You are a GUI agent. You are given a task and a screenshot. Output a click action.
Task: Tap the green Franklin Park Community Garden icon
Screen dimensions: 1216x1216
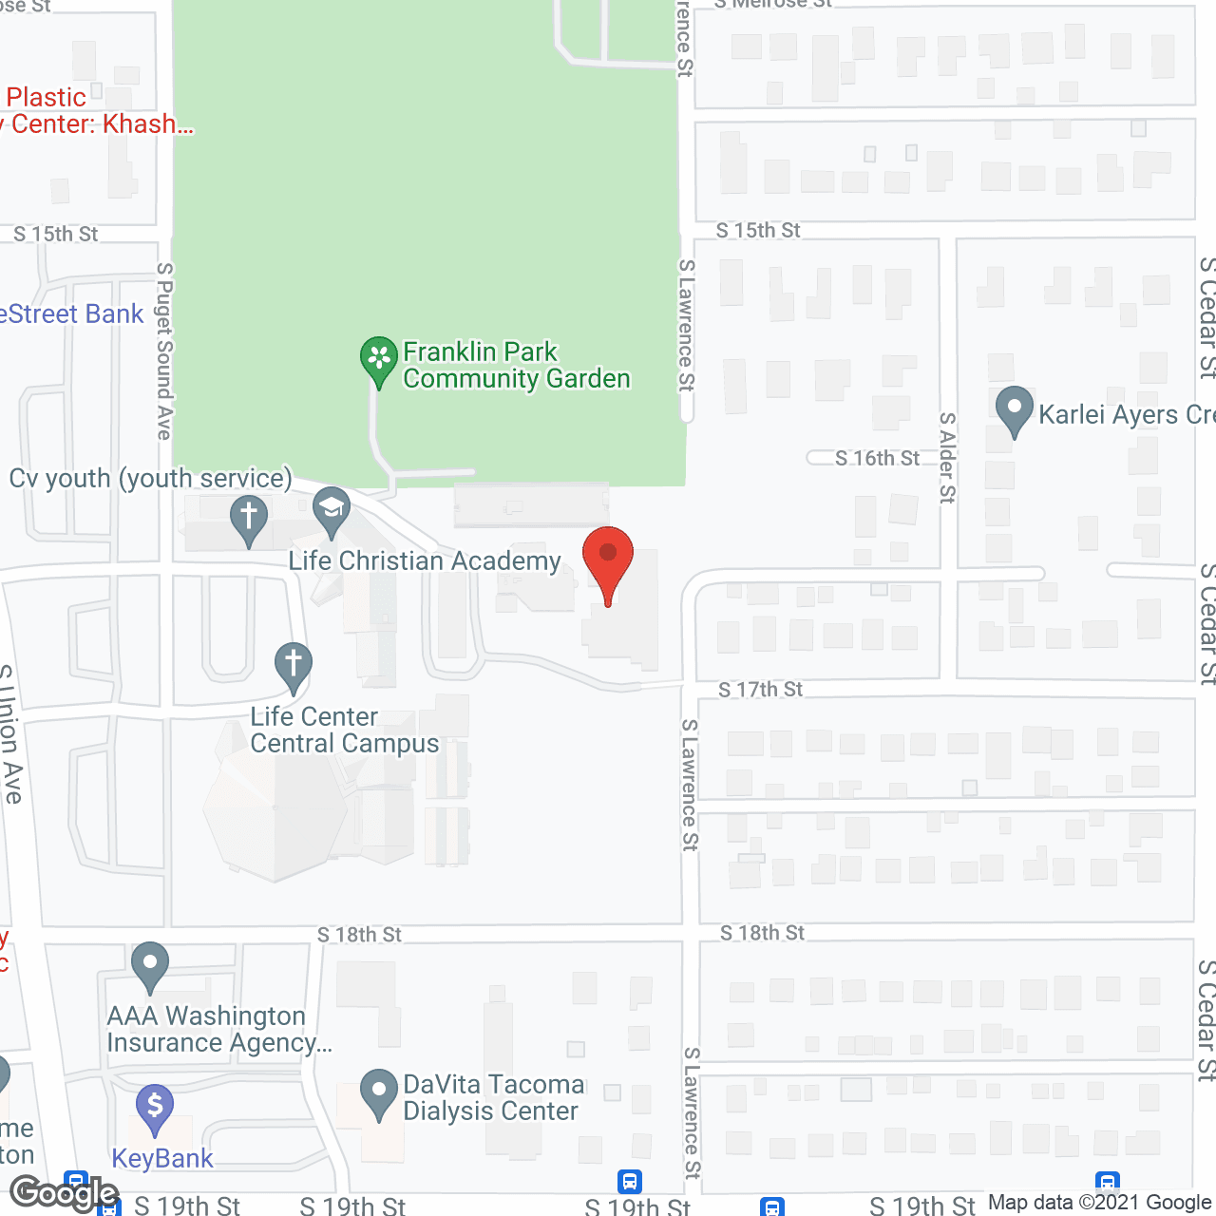(379, 360)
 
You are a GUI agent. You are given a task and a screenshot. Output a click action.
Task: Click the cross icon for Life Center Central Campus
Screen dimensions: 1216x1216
(294, 665)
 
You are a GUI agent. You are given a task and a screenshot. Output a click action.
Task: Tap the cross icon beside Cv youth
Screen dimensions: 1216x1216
(249, 518)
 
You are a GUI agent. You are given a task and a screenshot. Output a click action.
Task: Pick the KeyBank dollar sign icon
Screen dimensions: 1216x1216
(155, 1108)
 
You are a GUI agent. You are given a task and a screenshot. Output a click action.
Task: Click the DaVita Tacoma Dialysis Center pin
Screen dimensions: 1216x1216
(379, 1092)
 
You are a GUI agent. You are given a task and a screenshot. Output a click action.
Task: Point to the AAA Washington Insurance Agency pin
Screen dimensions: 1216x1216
(149, 965)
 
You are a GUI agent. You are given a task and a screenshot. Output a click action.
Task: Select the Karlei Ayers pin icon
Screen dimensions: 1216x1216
(1015, 409)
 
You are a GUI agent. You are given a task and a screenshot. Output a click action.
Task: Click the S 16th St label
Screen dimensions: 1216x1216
(877, 459)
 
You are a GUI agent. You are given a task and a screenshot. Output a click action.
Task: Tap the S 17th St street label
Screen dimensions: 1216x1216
(760, 690)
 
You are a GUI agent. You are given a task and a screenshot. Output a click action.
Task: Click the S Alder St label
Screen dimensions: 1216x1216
(947, 457)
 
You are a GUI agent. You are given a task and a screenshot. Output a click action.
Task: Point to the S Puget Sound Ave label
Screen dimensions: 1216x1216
(164, 351)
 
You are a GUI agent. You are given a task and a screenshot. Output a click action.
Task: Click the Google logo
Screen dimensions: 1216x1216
(65, 1193)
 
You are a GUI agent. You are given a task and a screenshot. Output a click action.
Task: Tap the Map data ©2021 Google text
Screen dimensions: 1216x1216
(1099, 1203)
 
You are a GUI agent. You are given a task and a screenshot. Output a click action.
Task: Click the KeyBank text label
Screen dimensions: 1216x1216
(162, 1159)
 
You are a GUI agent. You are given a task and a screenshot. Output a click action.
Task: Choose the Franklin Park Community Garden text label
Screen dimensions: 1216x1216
(516, 366)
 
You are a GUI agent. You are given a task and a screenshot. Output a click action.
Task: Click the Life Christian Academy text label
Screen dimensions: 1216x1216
(425, 561)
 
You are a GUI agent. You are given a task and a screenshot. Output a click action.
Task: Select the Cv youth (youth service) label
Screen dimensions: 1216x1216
(151, 478)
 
